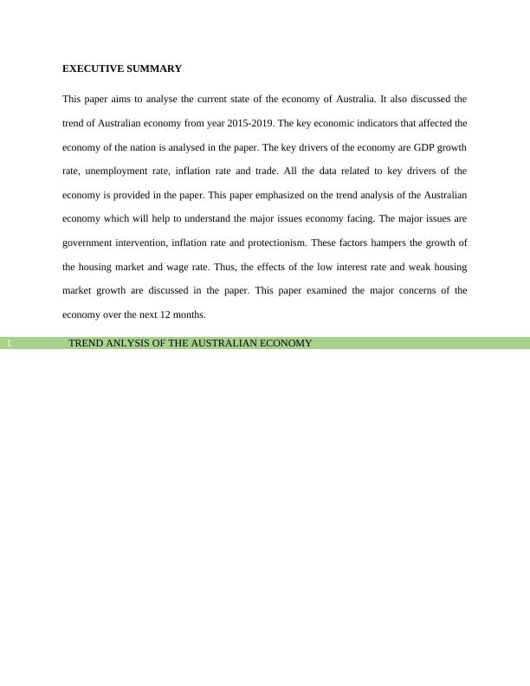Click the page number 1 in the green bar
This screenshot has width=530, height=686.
(x=9, y=343)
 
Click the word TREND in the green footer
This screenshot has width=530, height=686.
(x=84, y=343)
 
